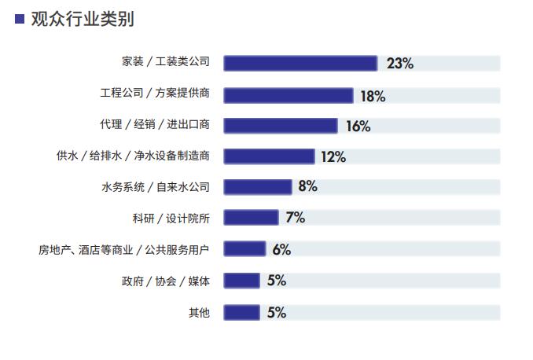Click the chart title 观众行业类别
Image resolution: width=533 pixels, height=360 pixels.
point(83,19)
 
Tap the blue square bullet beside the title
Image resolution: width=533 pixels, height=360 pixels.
point(20,19)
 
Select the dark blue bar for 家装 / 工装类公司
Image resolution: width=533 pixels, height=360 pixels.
point(300,63)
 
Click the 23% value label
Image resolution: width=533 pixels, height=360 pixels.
point(399,63)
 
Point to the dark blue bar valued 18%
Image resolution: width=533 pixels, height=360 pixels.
point(289,96)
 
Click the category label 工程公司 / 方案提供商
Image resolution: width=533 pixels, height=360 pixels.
point(155,93)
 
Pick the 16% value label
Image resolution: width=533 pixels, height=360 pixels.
point(358,126)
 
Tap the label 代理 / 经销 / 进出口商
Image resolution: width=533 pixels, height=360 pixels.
point(155,124)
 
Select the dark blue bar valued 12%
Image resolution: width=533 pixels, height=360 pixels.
point(269,156)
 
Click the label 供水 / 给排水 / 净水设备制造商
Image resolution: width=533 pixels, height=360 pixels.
point(133,156)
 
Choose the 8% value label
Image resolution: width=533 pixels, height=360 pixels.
point(308,186)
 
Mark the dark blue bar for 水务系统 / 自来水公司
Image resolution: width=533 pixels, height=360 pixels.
point(258,187)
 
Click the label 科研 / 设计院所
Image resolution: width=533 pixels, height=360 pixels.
point(171,219)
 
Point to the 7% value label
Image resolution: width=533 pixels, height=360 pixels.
point(295,217)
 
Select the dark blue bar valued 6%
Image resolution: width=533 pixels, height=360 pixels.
point(244,248)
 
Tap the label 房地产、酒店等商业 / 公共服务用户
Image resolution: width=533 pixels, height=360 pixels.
point(123,250)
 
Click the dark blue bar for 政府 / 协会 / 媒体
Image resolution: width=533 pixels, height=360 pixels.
point(241,281)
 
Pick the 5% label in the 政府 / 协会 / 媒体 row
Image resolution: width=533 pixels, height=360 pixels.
point(277,281)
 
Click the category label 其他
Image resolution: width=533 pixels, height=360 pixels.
point(199,312)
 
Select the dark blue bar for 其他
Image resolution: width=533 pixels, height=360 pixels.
point(241,312)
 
